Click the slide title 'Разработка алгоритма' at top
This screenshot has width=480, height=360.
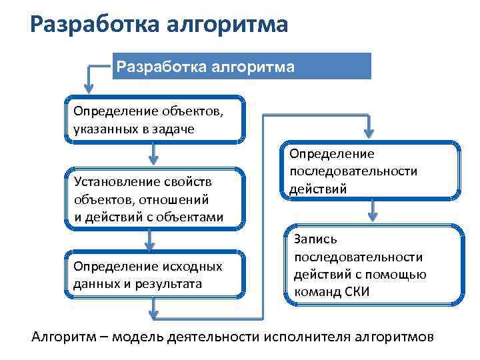pos(159,25)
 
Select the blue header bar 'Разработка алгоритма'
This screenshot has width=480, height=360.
pos(241,67)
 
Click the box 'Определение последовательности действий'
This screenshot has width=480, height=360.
pos(371,171)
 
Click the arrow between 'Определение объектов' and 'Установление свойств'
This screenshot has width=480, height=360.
pos(154,154)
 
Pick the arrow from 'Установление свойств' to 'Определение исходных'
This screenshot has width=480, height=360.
pos(154,240)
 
